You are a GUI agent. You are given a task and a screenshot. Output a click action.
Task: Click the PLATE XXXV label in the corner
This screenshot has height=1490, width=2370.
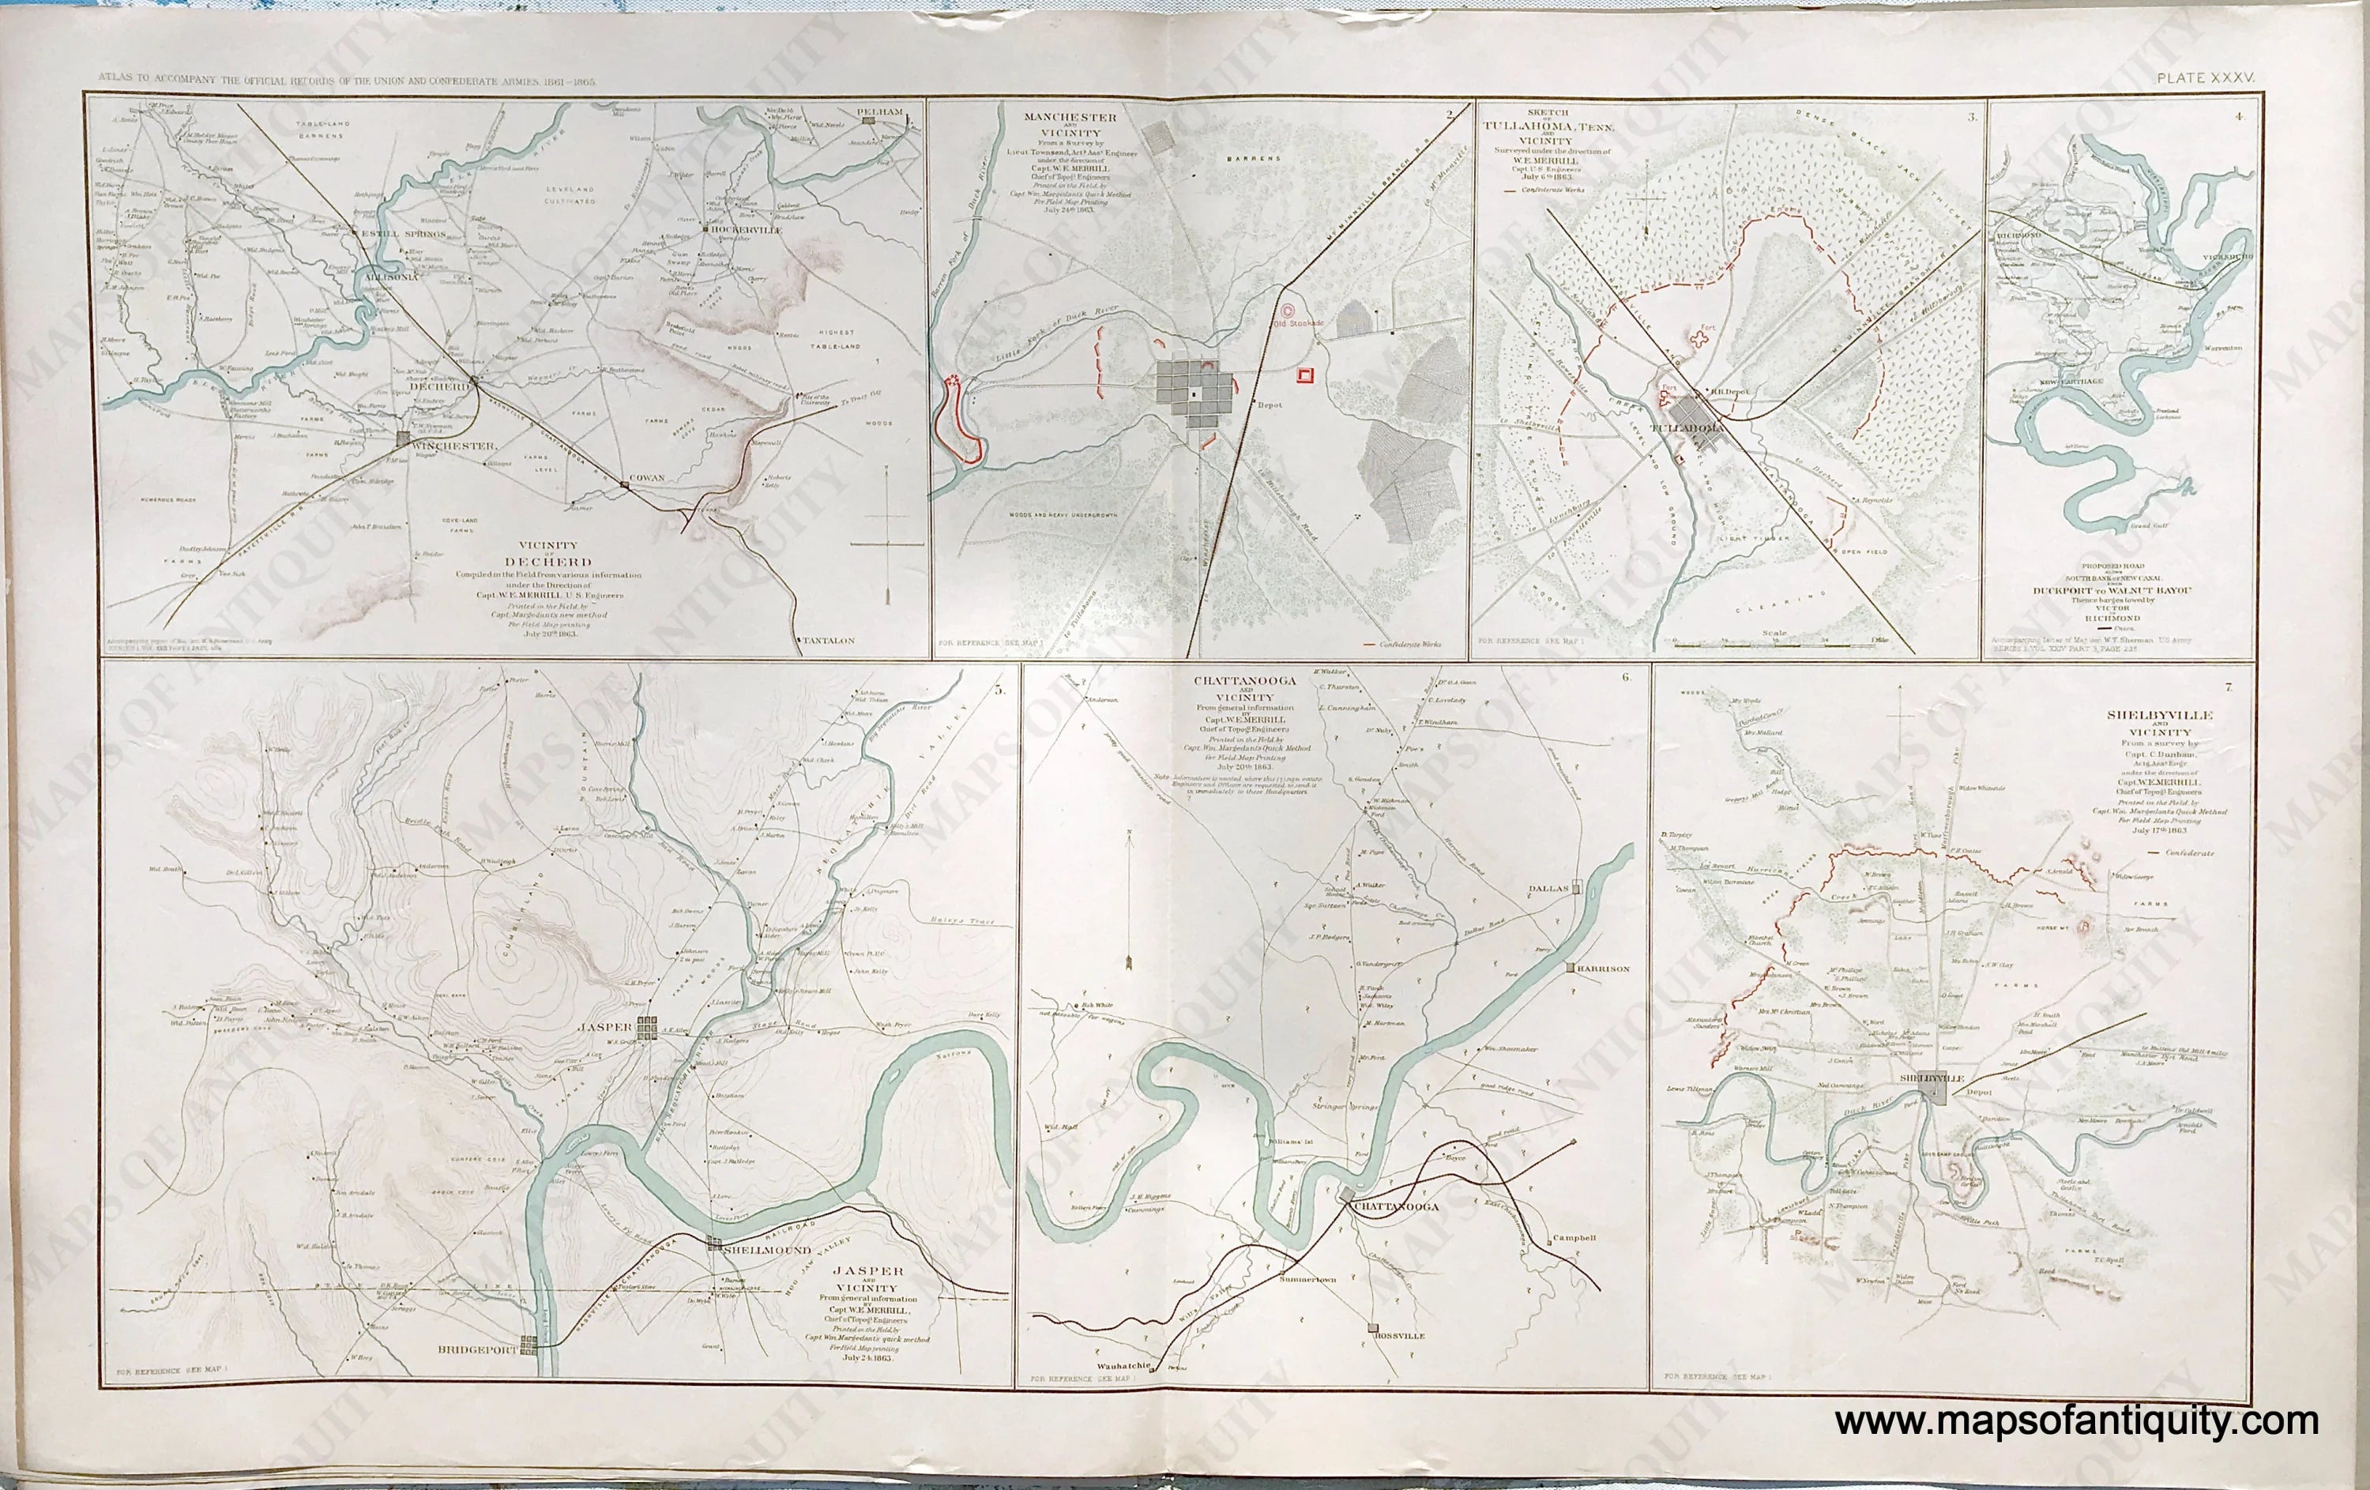[2205, 77]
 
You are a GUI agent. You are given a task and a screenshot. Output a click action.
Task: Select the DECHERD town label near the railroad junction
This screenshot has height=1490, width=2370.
[442, 387]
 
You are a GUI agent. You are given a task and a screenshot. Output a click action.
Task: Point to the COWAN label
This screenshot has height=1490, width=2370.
[647, 477]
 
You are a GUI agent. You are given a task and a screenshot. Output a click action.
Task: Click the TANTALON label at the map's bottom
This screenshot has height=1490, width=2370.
[828, 640]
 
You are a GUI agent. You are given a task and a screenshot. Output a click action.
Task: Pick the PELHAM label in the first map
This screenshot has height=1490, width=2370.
[879, 112]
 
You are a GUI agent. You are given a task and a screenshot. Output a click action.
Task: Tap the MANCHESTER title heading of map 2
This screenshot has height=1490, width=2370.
[1070, 117]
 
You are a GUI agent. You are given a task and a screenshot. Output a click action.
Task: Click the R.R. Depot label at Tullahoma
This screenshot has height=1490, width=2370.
[1729, 392]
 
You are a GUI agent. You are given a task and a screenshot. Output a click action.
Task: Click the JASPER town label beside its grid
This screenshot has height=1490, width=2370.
[604, 1026]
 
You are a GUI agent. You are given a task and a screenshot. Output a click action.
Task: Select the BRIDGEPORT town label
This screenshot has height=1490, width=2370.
[476, 1349]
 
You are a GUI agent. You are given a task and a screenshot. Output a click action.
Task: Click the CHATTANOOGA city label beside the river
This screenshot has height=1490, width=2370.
[1396, 1206]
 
